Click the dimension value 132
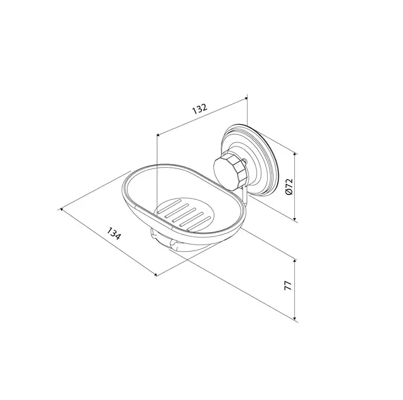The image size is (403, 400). pyautogui.click(x=200, y=109)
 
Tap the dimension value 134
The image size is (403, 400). pyautogui.click(x=113, y=233)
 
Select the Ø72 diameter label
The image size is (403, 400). pyautogui.click(x=289, y=187)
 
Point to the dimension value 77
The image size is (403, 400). pyautogui.click(x=288, y=286)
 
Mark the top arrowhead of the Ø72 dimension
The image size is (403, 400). pyautogui.click(x=295, y=154)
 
